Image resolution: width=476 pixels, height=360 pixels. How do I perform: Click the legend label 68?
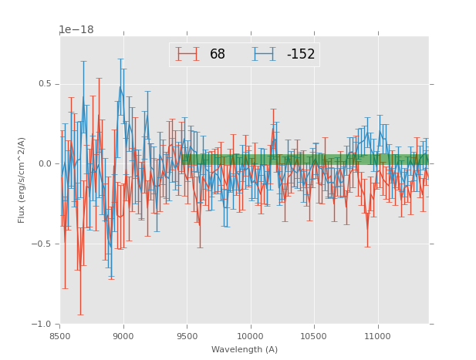(x=218, y=54)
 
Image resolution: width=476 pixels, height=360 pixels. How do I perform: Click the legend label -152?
(x=301, y=54)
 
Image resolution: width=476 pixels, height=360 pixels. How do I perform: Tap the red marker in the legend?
(x=187, y=54)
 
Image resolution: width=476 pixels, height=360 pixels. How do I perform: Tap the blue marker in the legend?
(x=264, y=54)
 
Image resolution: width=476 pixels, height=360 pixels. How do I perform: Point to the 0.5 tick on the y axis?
(x=47, y=84)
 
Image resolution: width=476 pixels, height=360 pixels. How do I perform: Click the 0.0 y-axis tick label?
(x=47, y=164)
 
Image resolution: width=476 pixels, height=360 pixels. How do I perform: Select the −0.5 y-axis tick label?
(x=45, y=244)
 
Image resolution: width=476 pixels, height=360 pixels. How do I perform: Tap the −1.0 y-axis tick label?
(x=45, y=325)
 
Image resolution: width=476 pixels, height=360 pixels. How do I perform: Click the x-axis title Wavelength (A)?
(x=245, y=349)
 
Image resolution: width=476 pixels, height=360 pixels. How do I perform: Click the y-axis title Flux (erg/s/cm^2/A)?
(x=22, y=180)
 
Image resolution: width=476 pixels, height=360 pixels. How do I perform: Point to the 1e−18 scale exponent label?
(x=76, y=30)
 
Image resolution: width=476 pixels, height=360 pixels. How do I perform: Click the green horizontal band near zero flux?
(x=309, y=160)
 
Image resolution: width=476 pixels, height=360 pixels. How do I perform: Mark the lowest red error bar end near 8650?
(x=79, y=315)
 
